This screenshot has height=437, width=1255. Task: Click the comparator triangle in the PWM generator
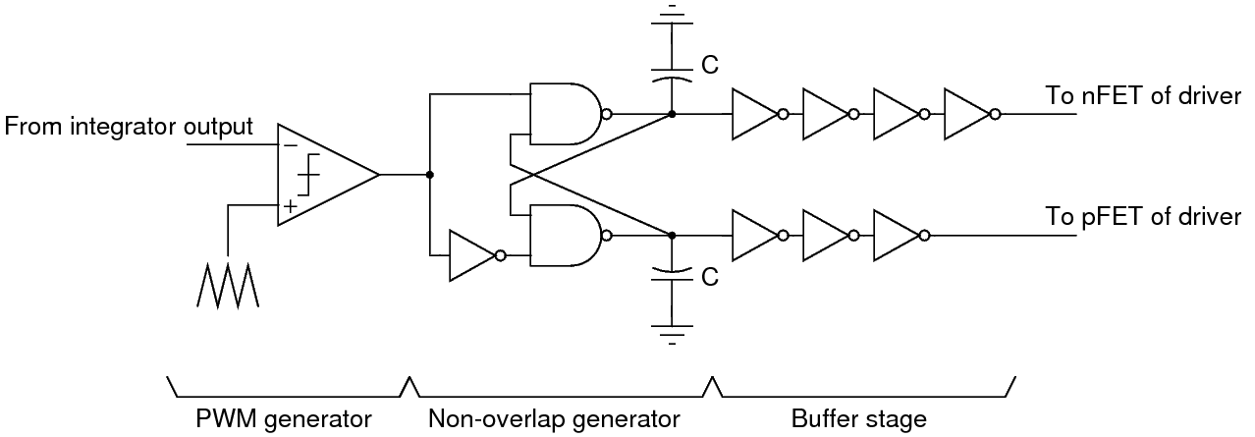click(319, 176)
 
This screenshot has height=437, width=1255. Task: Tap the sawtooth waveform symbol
click(226, 286)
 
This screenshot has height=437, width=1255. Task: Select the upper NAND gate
click(564, 114)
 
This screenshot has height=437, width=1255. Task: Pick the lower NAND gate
click(564, 236)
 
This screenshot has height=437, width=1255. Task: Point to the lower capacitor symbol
click(671, 273)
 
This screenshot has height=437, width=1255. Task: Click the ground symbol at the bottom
click(671, 334)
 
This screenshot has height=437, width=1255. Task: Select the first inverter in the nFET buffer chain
click(754, 114)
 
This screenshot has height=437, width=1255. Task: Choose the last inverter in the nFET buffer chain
click(966, 114)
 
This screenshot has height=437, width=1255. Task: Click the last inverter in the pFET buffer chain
click(896, 236)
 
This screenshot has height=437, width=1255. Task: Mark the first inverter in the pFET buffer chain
click(754, 236)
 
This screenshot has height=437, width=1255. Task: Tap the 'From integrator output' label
click(130, 127)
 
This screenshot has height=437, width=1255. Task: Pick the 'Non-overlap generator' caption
click(554, 419)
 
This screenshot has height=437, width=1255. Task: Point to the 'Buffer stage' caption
click(858, 419)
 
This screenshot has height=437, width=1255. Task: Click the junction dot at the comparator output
click(429, 176)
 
